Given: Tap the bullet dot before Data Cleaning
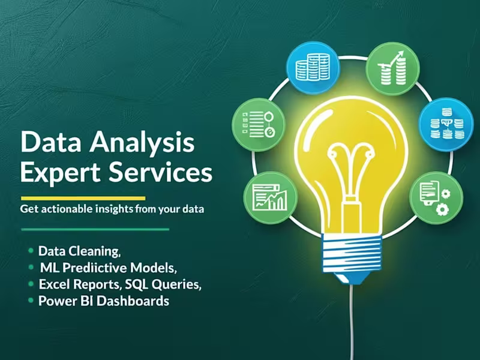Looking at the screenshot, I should [30, 250].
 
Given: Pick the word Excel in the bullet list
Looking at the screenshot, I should [52, 284].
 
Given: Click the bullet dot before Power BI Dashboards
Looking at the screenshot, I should [30, 301].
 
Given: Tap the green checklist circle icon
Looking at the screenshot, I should [257, 124].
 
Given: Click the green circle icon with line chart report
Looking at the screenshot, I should [269, 198].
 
